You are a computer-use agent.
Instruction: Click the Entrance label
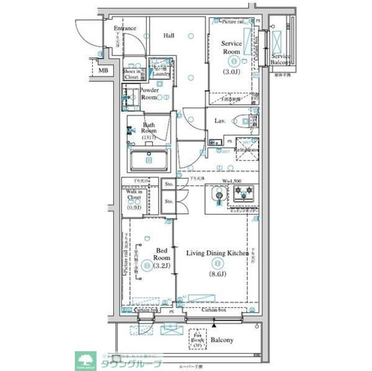124,28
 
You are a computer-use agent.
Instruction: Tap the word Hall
169,36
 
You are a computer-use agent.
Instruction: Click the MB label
103,71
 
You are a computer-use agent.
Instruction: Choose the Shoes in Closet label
131,74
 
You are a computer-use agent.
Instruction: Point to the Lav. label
220,121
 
